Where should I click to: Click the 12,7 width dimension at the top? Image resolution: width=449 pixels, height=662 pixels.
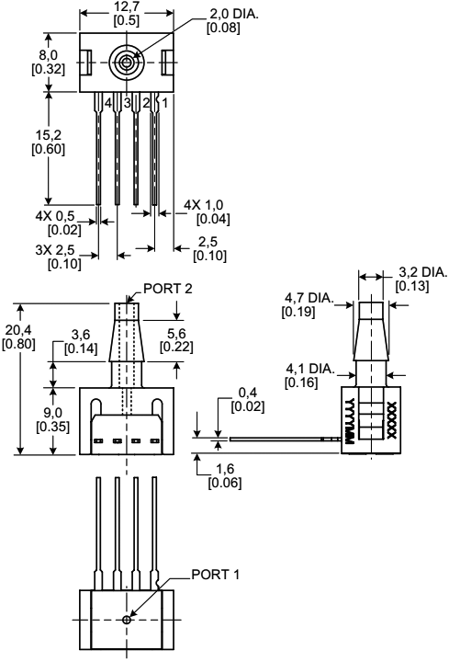pyautogui.click(x=127, y=8)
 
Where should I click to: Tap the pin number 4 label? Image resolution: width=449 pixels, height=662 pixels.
pyautogui.click(x=108, y=102)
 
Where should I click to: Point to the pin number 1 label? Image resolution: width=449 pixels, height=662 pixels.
pyautogui.click(x=163, y=102)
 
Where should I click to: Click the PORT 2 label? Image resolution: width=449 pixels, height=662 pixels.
pyautogui.click(x=168, y=289)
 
